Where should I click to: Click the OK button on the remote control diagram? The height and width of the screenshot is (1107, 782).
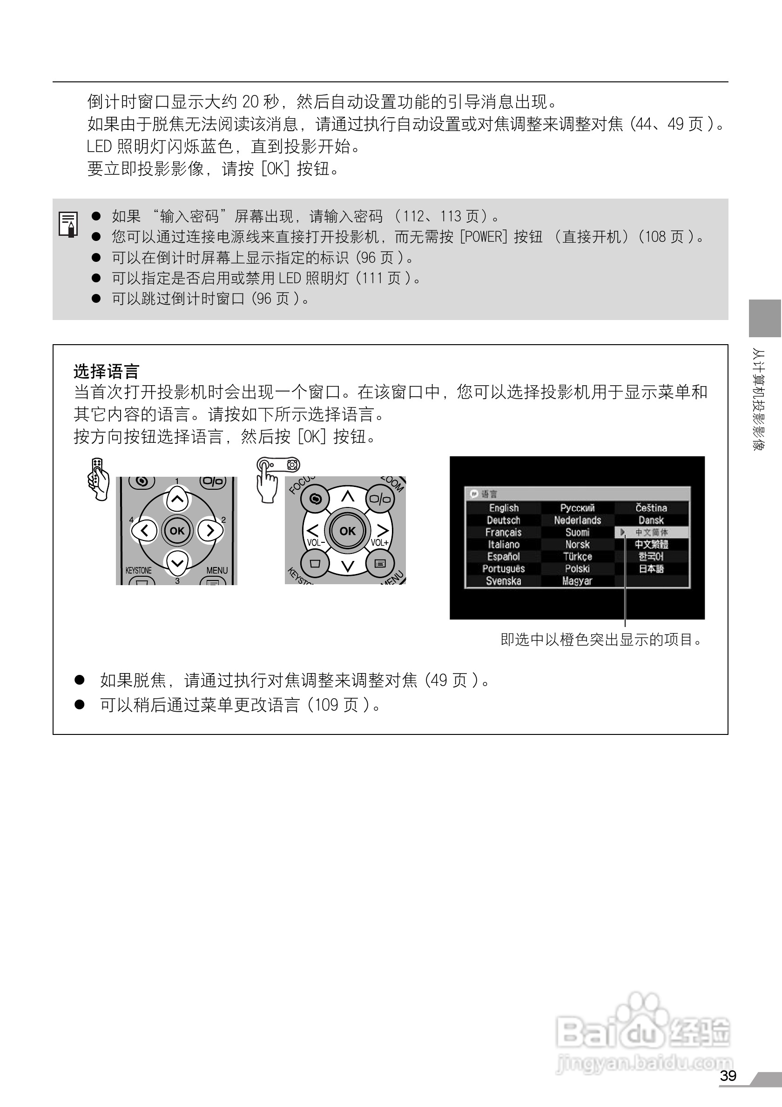click(177, 531)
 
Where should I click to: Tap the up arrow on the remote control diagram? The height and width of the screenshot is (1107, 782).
click(177, 499)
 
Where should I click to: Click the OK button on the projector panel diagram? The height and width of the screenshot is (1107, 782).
click(347, 531)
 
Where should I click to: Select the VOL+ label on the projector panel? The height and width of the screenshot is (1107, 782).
click(380, 542)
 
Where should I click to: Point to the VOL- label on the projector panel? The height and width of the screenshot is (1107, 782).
click(316, 542)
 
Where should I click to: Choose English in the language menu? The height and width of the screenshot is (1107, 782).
click(504, 508)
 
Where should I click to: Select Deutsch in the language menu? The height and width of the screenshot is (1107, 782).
click(504, 520)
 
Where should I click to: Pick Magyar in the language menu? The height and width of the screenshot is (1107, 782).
click(577, 581)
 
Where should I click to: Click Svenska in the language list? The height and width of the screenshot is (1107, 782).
click(504, 581)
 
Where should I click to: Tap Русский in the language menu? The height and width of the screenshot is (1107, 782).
click(577, 508)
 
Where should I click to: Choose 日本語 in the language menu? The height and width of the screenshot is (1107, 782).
click(651, 569)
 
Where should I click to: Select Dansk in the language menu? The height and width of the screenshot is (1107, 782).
click(651, 520)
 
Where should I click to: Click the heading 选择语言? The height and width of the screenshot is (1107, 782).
click(106, 372)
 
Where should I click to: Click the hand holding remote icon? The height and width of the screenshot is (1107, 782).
click(98, 479)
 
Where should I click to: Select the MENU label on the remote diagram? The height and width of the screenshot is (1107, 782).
click(216, 570)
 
